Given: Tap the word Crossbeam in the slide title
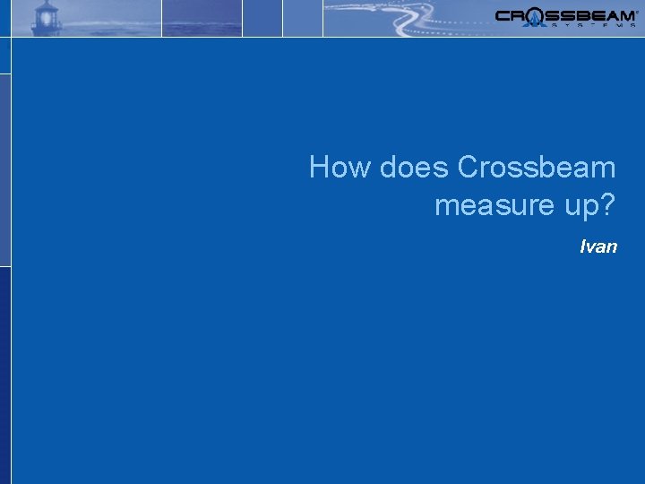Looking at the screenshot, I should [537, 168].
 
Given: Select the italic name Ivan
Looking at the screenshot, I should [598, 246].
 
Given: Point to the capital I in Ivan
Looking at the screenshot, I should [583, 246].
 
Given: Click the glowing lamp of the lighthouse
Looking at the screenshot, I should [46, 17].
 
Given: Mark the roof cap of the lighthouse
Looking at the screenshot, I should [46, 4].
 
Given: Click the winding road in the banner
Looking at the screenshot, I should [403, 18].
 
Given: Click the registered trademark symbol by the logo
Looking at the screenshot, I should [637, 11].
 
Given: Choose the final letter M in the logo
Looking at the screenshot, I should [624, 14].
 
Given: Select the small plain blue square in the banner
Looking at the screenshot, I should [262, 18].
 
